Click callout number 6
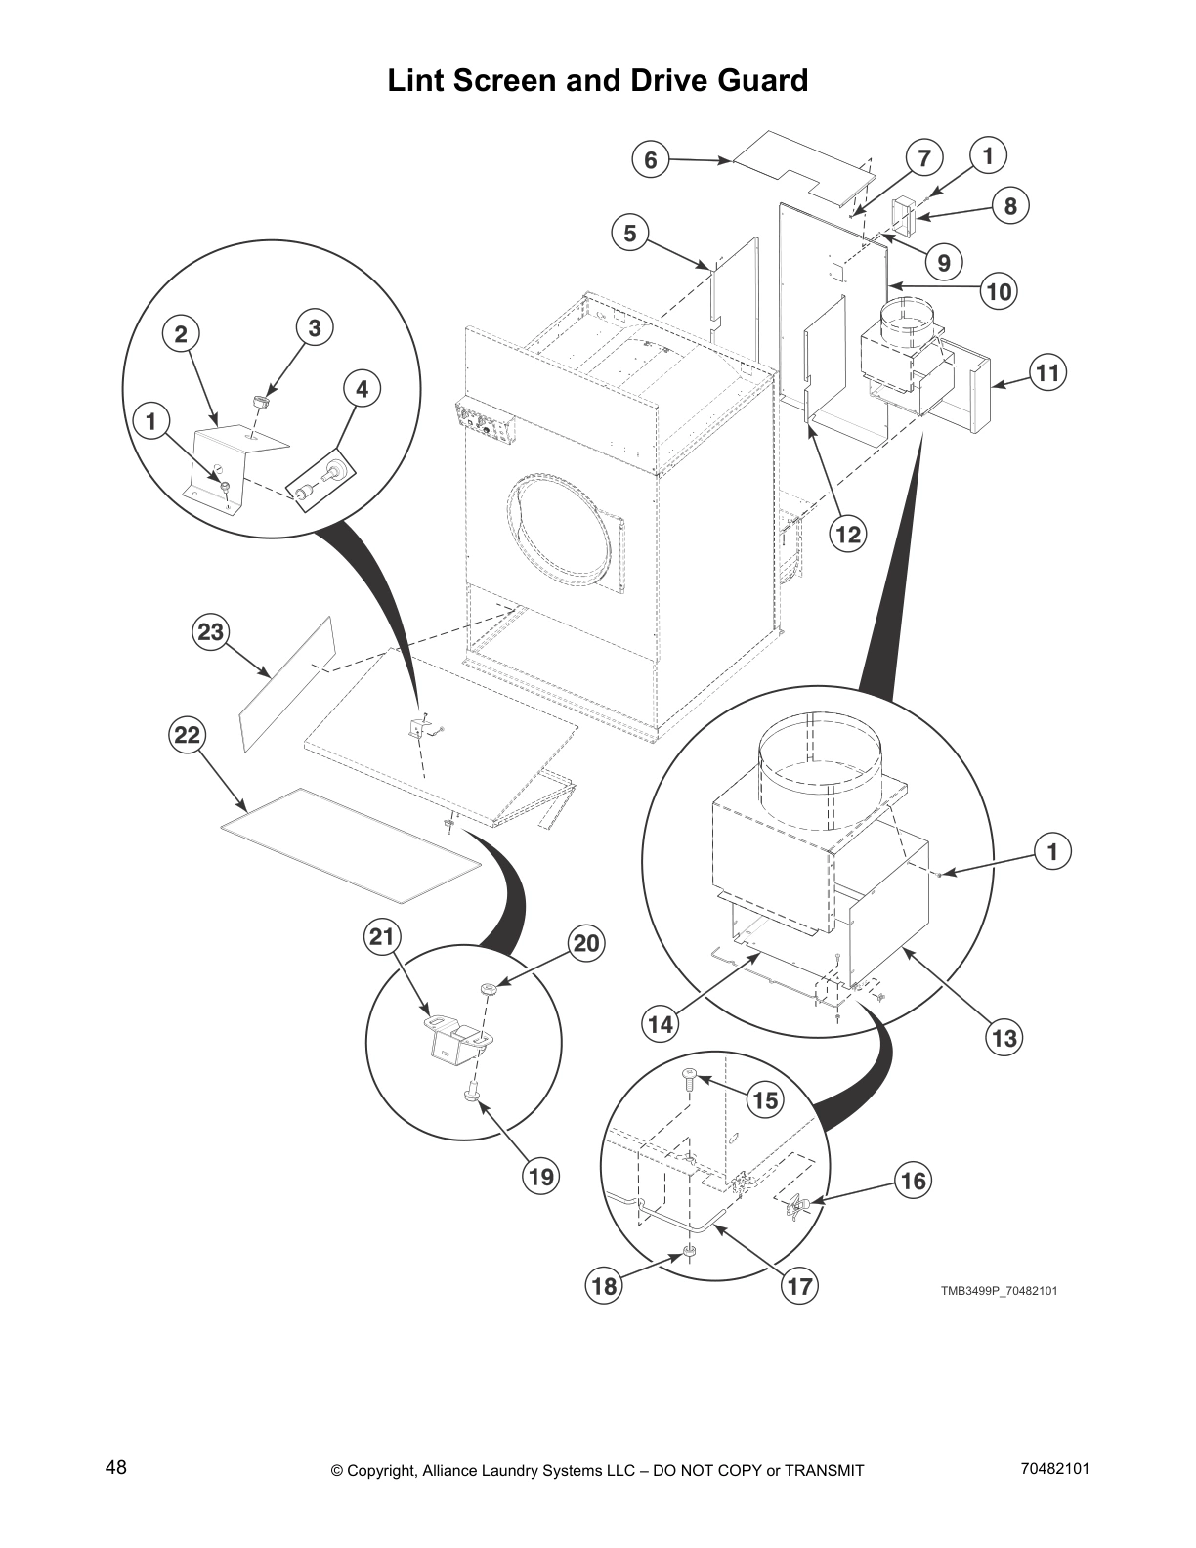651,159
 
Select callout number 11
1047,373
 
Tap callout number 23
211,632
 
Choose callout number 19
540,1177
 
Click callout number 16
913,1181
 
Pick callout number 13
1004,1037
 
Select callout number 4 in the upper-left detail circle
362,389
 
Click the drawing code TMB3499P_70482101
999,1291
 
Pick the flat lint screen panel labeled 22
352,845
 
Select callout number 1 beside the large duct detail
1052,851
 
